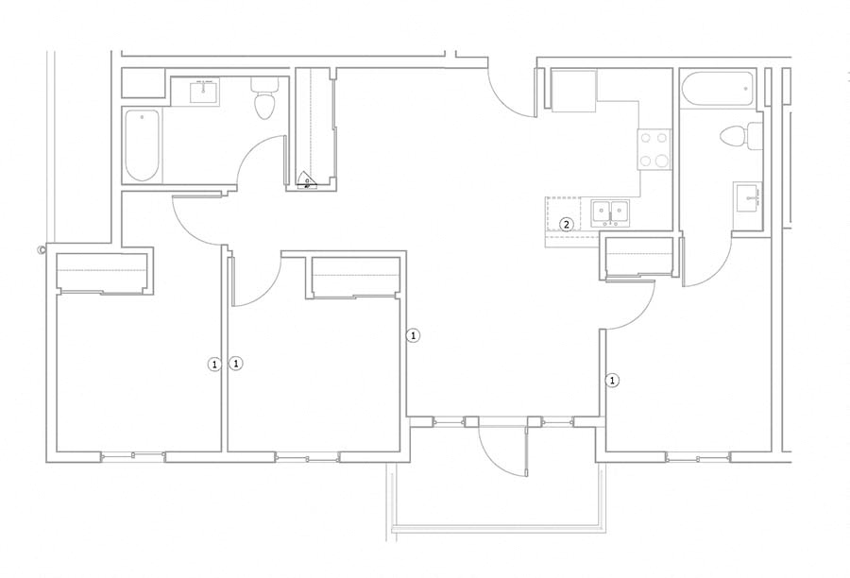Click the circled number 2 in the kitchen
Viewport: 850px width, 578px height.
(x=567, y=224)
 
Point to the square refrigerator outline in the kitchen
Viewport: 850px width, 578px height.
(x=573, y=91)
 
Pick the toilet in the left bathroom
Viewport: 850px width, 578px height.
(x=263, y=98)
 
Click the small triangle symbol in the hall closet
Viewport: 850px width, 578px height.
(x=307, y=182)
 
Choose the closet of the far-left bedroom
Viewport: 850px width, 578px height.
(x=103, y=271)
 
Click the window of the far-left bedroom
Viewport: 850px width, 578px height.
(x=134, y=456)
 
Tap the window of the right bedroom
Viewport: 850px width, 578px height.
(x=698, y=456)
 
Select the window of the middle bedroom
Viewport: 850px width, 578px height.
(x=307, y=457)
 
